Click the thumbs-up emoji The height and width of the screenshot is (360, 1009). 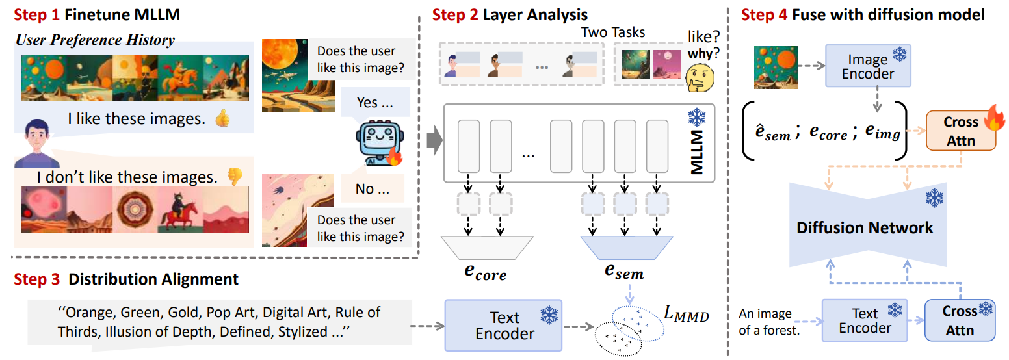[x=222, y=119]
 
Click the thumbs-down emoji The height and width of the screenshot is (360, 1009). [x=234, y=176]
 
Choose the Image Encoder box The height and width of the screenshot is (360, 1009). [x=867, y=66]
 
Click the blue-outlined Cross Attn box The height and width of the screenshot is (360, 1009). [x=960, y=320]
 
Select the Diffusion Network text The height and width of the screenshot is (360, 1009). [x=865, y=227]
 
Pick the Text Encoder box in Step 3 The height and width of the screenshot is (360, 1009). [x=504, y=326]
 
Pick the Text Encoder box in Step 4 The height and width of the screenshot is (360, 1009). [x=864, y=320]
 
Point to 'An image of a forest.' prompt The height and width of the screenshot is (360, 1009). [x=766, y=321]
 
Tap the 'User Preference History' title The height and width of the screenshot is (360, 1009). [x=95, y=40]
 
